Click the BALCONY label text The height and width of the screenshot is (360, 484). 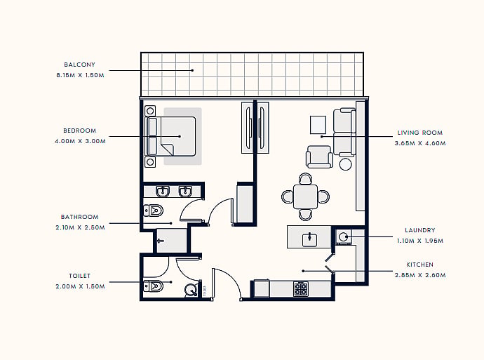coord(79,65)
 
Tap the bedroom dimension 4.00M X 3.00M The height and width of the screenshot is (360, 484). coord(80,141)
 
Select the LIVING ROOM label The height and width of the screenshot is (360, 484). coord(419,133)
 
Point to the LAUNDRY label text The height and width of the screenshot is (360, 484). coord(419,230)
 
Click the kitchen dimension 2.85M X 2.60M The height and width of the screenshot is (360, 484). coord(420,275)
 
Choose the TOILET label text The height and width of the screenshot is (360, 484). coord(80,276)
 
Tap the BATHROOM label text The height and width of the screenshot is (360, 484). coord(80,217)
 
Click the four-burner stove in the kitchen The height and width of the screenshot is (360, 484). coord(301,289)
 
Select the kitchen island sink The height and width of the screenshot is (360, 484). coord(309,240)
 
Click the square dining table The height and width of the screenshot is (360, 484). coord(305,196)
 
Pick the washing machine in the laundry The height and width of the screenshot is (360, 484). coord(343,236)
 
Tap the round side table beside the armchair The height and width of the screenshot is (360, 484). coord(345,164)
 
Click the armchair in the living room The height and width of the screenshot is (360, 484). coord(319,156)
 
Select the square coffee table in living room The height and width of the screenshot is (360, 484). coord(318,125)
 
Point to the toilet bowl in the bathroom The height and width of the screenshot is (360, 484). coord(154,211)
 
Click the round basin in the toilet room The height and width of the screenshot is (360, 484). coord(191,290)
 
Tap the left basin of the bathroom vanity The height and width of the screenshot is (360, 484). coord(163,192)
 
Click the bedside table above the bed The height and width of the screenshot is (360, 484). coord(150,111)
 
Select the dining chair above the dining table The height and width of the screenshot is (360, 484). coord(305,178)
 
